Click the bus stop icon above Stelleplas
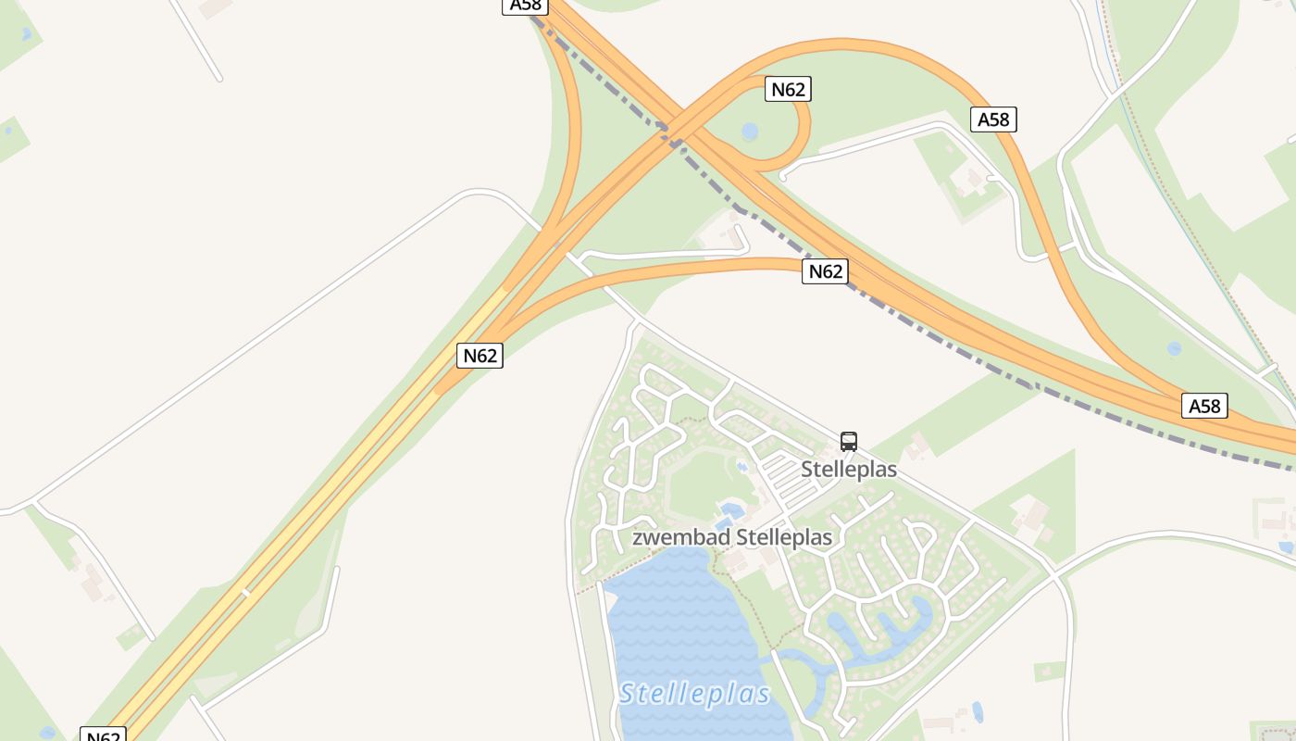(x=849, y=442)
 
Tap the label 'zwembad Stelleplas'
(x=731, y=537)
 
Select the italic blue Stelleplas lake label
(x=694, y=693)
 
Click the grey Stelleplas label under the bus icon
(x=849, y=470)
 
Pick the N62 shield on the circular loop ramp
(x=788, y=89)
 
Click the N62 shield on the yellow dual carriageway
(x=480, y=356)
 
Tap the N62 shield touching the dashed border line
(x=825, y=271)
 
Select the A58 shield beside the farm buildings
(x=993, y=119)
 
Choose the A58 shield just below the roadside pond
(x=1204, y=406)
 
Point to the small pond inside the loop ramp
(x=750, y=131)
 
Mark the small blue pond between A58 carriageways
(x=1174, y=348)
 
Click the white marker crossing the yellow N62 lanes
(x=246, y=592)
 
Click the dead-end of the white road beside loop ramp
(x=782, y=176)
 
